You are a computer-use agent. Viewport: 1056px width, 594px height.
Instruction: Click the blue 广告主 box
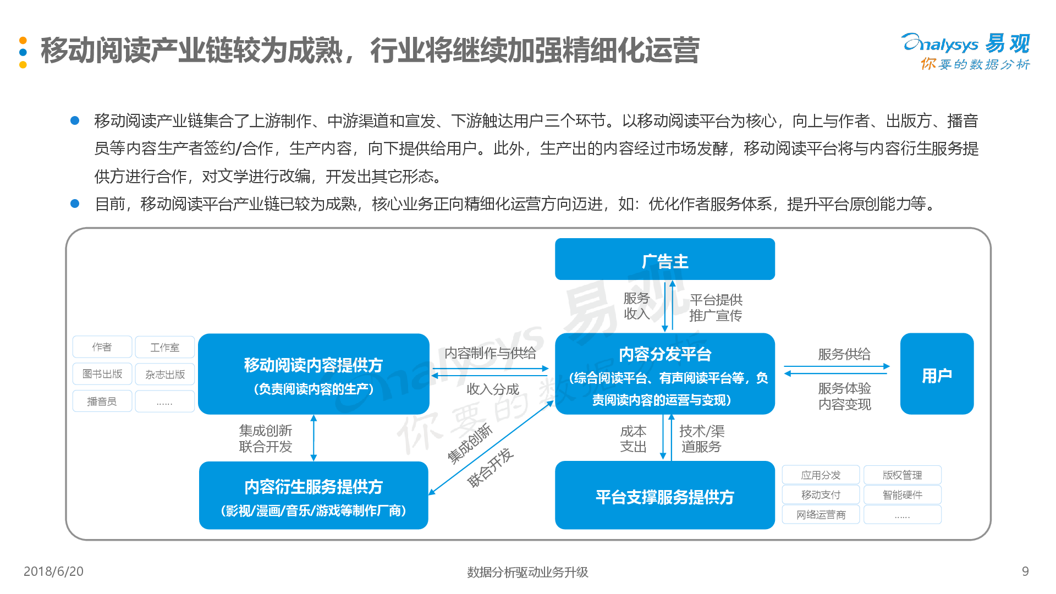664,259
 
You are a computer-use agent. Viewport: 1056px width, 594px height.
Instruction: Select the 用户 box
937,373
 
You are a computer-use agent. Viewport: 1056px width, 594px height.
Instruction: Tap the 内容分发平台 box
664,373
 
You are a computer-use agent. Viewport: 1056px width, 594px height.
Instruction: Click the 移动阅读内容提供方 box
313,373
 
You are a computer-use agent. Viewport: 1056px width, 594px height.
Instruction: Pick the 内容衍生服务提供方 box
313,495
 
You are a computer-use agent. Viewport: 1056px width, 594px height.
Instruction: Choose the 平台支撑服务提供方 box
664,495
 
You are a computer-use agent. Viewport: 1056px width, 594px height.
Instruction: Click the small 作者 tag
102,347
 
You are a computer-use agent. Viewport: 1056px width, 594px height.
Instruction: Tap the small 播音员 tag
102,402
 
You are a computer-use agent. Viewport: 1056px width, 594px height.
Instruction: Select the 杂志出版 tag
165,374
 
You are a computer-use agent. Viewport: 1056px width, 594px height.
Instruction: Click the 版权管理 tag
902,475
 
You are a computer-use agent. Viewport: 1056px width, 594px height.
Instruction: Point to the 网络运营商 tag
821,515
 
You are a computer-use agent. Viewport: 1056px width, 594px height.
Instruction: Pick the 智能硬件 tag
902,495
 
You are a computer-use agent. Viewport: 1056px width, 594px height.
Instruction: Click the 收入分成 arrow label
493,389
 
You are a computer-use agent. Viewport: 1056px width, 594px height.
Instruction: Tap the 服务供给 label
844,354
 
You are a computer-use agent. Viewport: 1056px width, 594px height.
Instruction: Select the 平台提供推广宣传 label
716,307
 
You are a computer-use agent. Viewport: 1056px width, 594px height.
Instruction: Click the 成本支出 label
633,439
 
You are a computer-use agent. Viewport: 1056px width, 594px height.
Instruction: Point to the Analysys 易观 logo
966,52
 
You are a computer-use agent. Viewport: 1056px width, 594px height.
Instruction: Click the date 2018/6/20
53,571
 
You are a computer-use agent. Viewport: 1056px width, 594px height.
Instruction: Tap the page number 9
1025,571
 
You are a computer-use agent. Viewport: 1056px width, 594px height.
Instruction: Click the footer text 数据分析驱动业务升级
527,572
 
